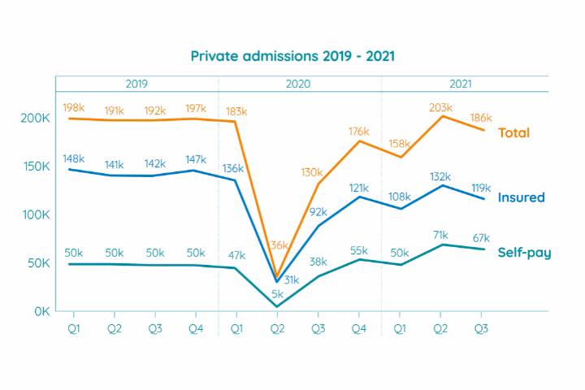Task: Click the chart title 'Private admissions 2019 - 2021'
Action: pos(292,56)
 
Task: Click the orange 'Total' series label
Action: pos(513,132)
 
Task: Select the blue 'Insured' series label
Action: pos(521,197)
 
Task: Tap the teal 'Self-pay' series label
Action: pos(524,253)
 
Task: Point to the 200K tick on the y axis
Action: pos(34,118)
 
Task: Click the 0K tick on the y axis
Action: pos(40,311)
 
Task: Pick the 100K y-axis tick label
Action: pos(34,214)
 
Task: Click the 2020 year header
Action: pos(298,84)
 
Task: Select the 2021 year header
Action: pos(462,84)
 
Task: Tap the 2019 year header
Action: pos(136,84)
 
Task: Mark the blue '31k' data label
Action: pos(290,279)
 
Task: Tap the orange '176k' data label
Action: pos(358,131)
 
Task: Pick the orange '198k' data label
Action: pos(75,107)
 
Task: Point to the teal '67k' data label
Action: pos(481,238)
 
